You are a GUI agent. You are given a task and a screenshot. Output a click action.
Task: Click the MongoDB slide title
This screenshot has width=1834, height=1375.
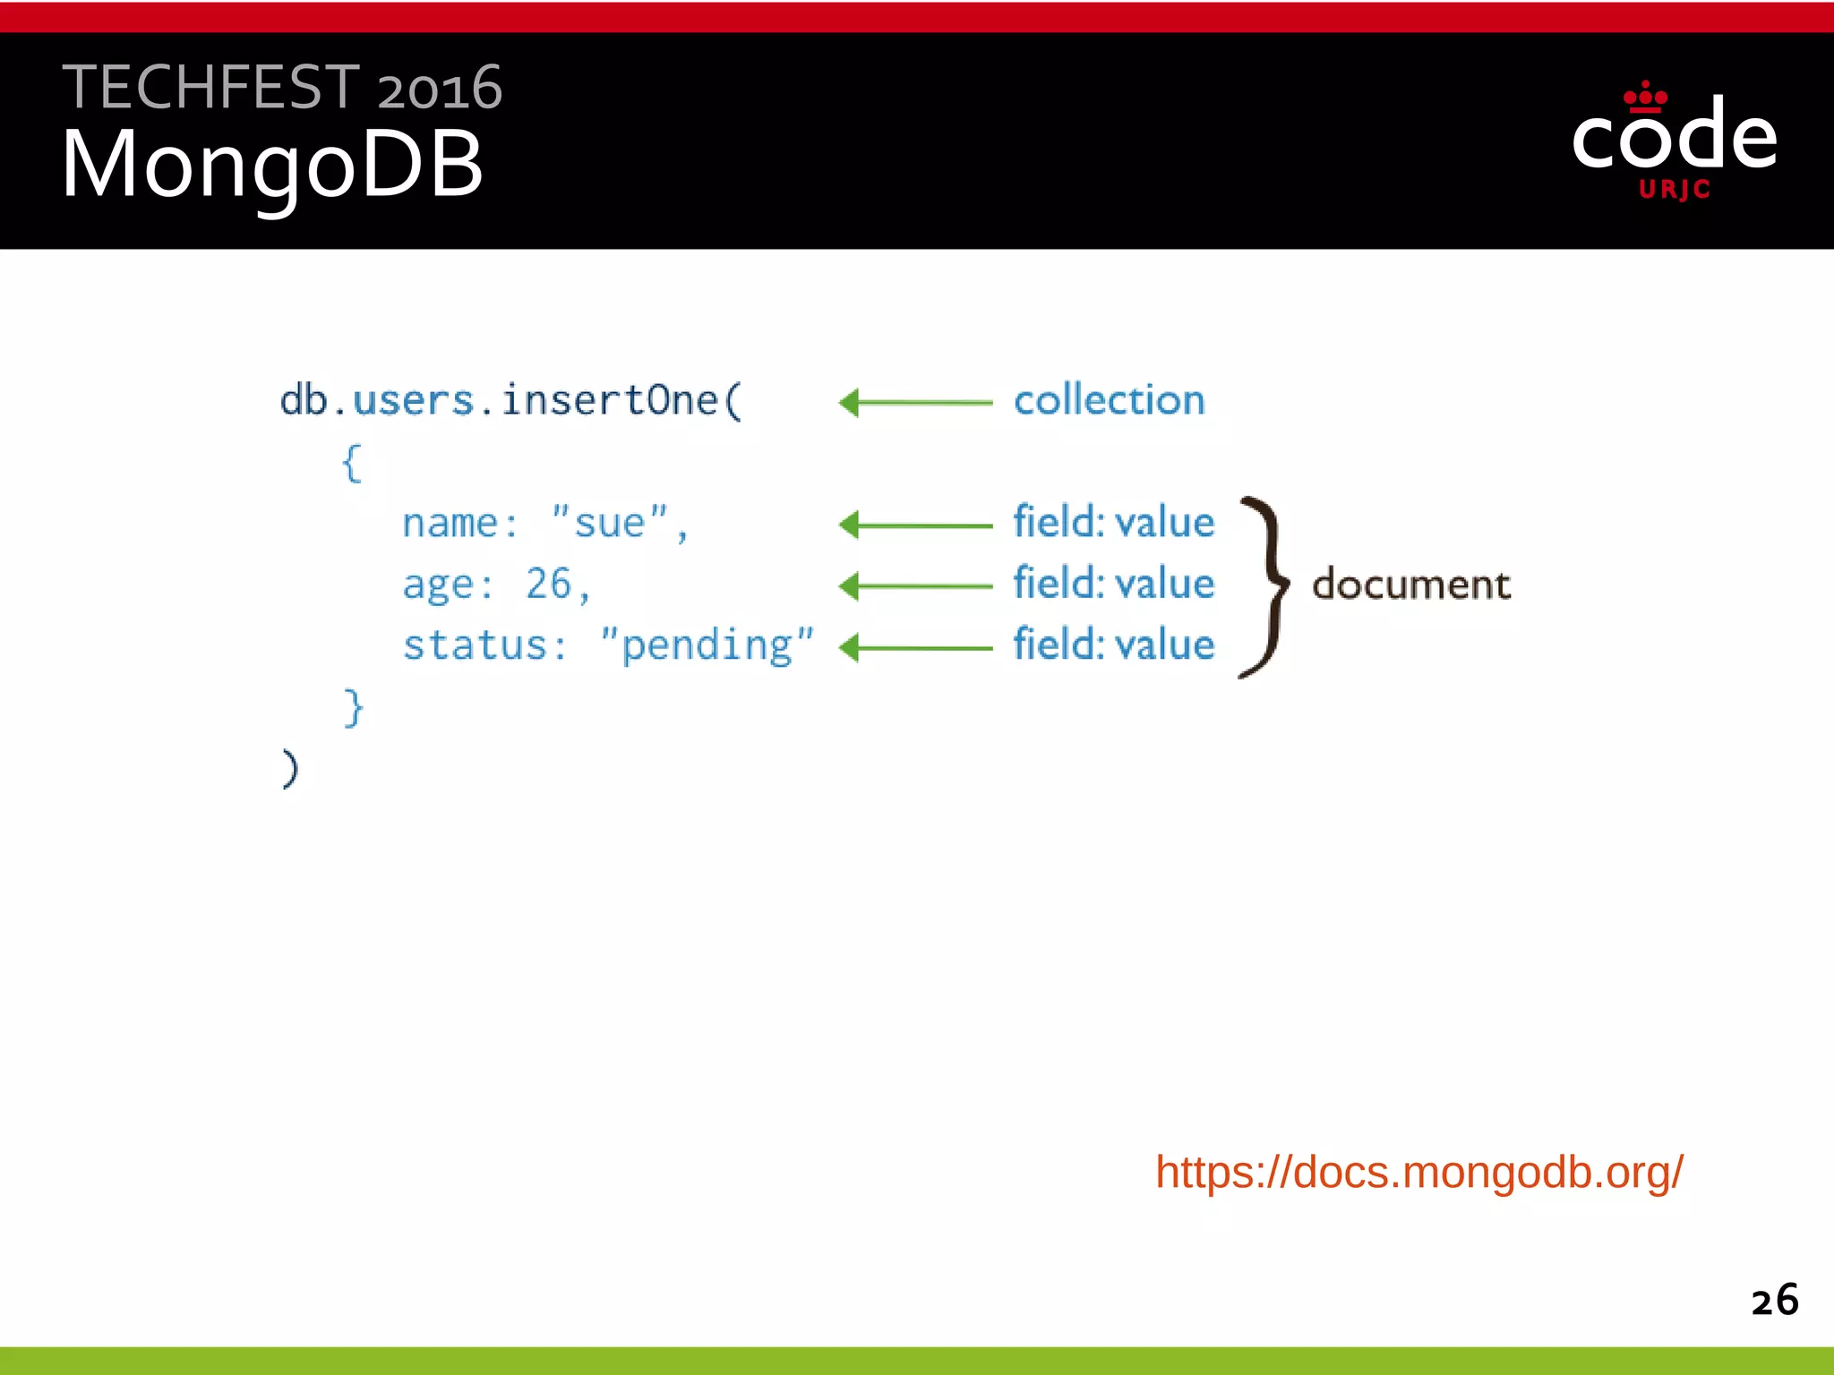pyautogui.click(x=272, y=165)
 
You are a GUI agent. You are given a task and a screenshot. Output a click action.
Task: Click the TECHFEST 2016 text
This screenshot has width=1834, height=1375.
pyautogui.click(x=281, y=88)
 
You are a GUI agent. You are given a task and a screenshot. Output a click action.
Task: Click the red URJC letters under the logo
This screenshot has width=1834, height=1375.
pyautogui.click(x=1675, y=190)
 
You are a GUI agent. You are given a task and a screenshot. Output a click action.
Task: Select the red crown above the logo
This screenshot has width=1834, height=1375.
pyautogui.click(x=1645, y=97)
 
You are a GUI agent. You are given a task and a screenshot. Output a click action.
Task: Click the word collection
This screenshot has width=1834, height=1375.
pyautogui.click(x=1109, y=400)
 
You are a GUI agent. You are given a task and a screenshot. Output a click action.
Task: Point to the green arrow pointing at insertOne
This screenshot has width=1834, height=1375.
pyautogui.click(x=915, y=403)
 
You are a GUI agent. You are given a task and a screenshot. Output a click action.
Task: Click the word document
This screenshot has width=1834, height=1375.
pyautogui.click(x=1411, y=585)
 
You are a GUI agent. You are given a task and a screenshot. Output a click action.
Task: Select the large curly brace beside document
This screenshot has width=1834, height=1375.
pyautogui.click(x=1265, y=586)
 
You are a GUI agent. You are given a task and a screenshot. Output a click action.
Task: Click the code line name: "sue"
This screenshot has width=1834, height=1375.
pyautogui.click(x=544, y=524)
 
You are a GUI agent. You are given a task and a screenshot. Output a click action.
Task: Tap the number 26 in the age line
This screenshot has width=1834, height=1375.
pyautogui.click(x=548, y=584)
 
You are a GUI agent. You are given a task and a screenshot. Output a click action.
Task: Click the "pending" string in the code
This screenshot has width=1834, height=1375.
pyautogui.click(x=707, y=645)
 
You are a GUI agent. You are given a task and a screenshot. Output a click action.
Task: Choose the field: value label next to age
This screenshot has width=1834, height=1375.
pyautogui.click(x=1113, y=584)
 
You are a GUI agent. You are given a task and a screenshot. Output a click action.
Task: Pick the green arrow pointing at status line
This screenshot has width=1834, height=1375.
pyautogui.click(x=915, y=647)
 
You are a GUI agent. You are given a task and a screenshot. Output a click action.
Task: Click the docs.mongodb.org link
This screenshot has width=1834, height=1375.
pyautogui.click(x=1418, y=1172)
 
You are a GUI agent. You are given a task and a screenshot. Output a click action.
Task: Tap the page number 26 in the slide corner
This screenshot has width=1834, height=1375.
pyautogui.click(x=1774, y=1300)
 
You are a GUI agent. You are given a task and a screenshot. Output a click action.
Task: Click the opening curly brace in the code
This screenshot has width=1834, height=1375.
pyautogui.click(x=352, y=464)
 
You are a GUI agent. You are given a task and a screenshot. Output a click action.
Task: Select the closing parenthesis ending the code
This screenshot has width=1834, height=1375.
pyautogui.click(x=290, y=768)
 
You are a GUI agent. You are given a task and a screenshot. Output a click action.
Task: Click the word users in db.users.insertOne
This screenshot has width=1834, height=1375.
pyautogui.click(x=413, y=400)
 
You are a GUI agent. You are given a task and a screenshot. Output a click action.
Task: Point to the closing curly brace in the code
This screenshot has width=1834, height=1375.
pyautogui.click(x=354, y=707)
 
